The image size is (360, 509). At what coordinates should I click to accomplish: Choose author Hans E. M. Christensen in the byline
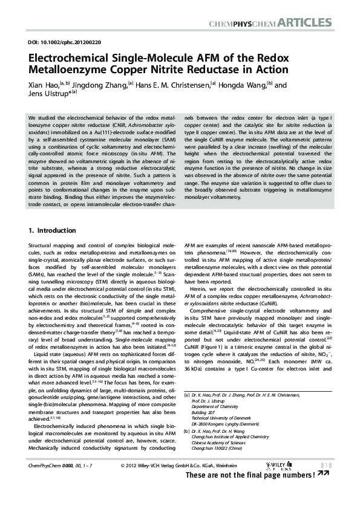[172, 85]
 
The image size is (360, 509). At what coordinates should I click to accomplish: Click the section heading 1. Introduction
[53, 230]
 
